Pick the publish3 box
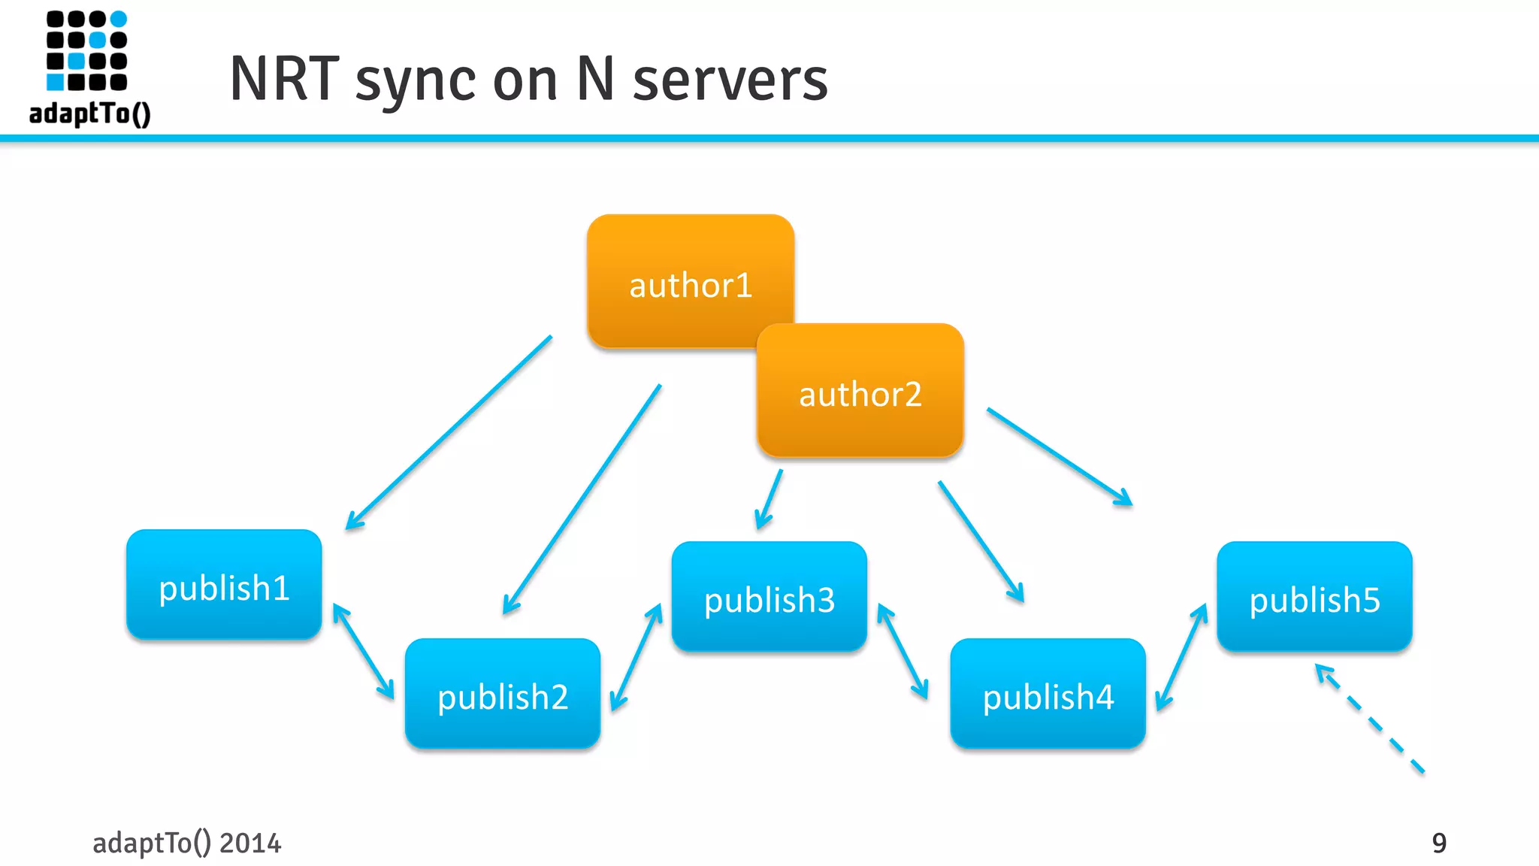point(769,597)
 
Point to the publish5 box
point(1314,597)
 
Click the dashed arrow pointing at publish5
point(1369,719)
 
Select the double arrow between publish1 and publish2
point(364,652)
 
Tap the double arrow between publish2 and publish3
point(636,657)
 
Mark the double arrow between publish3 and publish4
point(903,652)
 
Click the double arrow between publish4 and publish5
point(1181,657)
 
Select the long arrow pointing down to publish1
point(449,433)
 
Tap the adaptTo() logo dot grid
point(86,50)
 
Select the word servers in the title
point(730,79)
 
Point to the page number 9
point(1438,843)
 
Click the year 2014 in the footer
point(250,843)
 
